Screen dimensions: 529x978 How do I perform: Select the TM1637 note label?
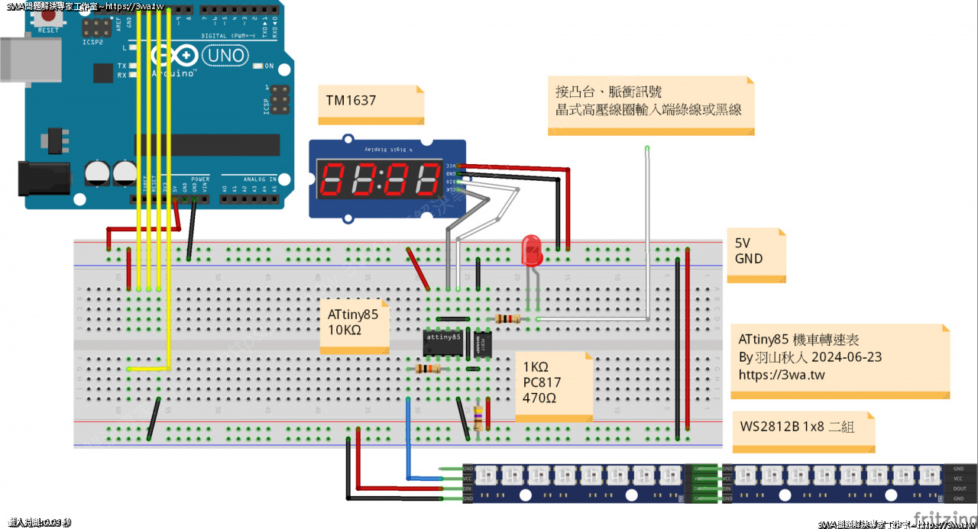point(371,105)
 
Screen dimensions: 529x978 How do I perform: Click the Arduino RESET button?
point(47,18)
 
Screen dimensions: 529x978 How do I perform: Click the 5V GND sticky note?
point(755,255)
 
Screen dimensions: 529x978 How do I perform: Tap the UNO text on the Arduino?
point(226,55)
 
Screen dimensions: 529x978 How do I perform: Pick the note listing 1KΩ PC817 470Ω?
point(552,385)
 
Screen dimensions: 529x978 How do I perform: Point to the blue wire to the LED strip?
point(409,443)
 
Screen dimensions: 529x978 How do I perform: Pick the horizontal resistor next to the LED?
point(507,318)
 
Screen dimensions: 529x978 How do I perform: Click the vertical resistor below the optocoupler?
point(478,418)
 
